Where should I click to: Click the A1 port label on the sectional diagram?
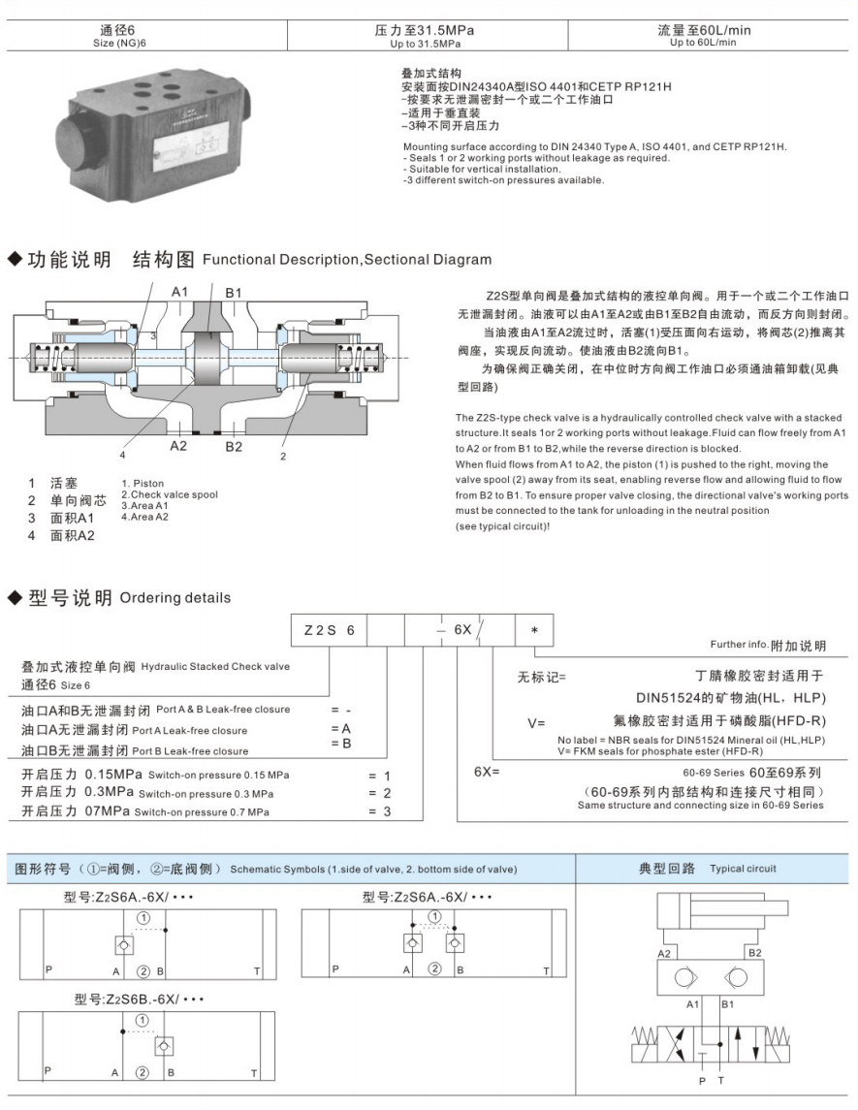tap(180, 292)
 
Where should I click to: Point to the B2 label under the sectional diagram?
tap(234, 446)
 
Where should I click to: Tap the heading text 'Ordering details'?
tap(175, 597)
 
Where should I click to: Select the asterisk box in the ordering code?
tap(534, 629)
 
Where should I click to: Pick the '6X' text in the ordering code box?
tap(462, 629)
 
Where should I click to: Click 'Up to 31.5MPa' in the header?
tap(425, 44)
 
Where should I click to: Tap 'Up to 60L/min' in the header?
tap(703, 43)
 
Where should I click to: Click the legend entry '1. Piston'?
tap(143, 483)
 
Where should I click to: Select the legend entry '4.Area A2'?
tap(144, 518)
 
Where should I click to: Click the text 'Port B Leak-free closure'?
tap(190, 751)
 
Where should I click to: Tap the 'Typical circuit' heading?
tap(743, 869)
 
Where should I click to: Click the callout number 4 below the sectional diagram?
tap(123, 454)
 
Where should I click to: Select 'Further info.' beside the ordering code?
tap(739, 645)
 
